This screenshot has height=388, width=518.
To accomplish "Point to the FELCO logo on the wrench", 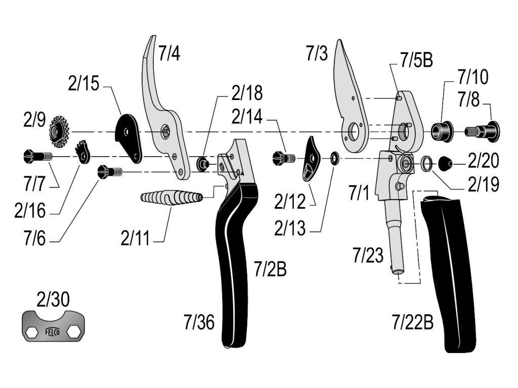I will [53, 332].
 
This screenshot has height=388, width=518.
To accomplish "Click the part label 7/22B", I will [412, 322].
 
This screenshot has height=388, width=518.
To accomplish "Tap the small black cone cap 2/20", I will [444, 163].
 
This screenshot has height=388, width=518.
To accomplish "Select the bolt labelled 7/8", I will [483, 131].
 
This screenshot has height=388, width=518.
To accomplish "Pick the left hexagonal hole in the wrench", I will [32, 332].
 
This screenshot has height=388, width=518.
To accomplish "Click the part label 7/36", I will [199, 322].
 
